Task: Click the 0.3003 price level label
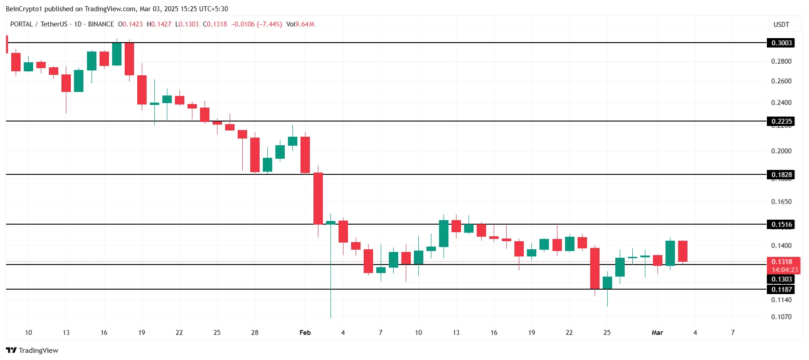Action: (781, 43)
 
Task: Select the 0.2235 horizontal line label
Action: (781, 121)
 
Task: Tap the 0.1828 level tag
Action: (781, 175)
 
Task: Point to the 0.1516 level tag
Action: (781, 225)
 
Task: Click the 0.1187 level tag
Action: (781, 290)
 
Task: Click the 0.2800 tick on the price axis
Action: (781, 61)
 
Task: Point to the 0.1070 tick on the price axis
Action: (781, 317)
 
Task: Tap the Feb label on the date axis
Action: (305, 333)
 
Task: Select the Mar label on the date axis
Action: (657, 333)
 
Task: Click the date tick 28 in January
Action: (255, 333)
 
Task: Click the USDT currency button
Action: (781, 25)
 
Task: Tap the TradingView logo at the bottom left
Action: (32, 351)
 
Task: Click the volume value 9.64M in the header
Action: (304, 24)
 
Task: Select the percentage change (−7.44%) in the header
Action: (270, 24)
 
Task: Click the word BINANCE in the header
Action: (101, 24)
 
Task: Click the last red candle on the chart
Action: (683, 251)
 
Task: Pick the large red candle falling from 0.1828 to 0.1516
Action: (318, 199)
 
